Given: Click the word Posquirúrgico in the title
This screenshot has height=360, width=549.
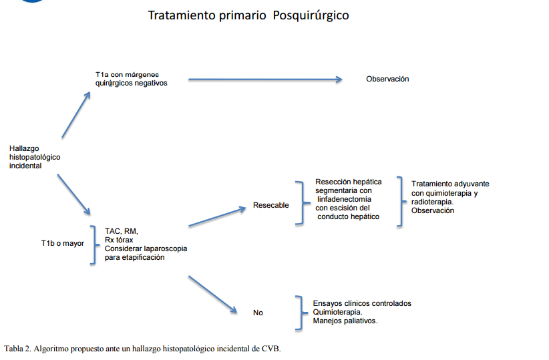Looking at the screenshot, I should (x=311, y=15).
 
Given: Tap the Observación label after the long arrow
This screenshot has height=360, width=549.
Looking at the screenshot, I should (x=387, y=79).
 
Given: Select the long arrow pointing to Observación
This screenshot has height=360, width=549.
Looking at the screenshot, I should (x=265, y=79).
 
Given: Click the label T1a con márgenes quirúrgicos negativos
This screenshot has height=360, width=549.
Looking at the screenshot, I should (x=131, y=79).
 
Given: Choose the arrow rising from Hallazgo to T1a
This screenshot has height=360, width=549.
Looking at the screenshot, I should (x=76, y=115).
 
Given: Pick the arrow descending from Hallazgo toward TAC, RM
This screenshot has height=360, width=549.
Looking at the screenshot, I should (x=74, y=194).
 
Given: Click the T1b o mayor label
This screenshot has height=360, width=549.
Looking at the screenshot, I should (x=63, y=243).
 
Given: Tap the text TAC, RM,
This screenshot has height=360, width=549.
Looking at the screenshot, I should (x=122, y=231).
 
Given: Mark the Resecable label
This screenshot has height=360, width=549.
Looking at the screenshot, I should (x=271, y=205).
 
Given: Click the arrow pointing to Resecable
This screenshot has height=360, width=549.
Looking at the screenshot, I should (x=218, y=217).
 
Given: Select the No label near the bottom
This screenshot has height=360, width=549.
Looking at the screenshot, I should (x=258, y=312).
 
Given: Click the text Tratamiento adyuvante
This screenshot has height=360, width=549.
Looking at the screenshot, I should (x=450, y=184).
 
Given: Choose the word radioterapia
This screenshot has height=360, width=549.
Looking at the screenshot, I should (x=431, y=202).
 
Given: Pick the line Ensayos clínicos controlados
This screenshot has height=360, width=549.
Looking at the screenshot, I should (x=362, y=303).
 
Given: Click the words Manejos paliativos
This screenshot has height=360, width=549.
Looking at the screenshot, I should (x=345, y=321).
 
